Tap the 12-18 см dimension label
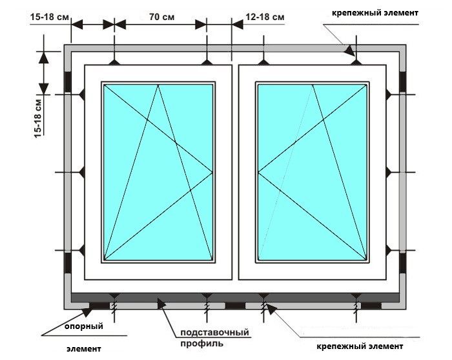pos(265,17)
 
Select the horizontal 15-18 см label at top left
pos(50,17)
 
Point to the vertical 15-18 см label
pos(37,118)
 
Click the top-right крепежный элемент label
pos(375,13)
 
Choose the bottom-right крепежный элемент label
pos(360,346)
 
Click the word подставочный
pos(215,332)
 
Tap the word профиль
pos(201,344)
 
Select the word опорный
pos(83,326)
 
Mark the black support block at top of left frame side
pos(68,81)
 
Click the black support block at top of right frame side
pos(403,81)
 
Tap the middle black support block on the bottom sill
pos(235,306)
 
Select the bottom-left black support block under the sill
pos(99,306)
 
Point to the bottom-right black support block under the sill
pos(371,306)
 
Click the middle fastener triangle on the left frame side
pos(82,173)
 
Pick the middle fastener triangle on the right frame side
pos(388,173)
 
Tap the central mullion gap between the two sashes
pos(235,172)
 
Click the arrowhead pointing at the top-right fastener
pos(349,51)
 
